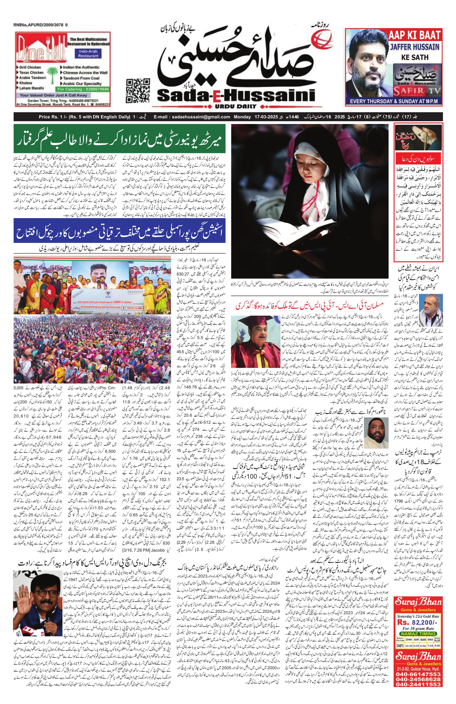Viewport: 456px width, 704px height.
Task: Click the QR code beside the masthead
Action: coord(137,90)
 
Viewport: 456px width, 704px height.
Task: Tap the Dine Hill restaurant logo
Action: coord(41,51)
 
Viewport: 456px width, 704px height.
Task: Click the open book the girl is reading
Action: coord(296,229)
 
